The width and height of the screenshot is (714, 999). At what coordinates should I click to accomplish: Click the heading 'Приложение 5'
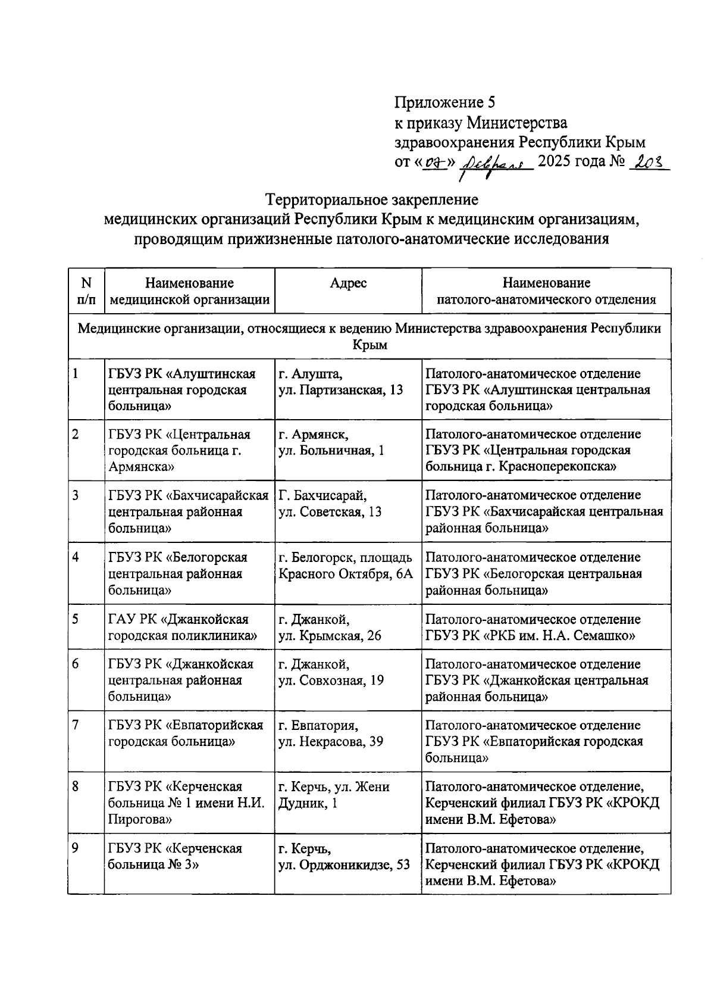click(x=445, y=102)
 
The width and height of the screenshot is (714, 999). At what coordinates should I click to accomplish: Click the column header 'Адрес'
click(x=348, y=283)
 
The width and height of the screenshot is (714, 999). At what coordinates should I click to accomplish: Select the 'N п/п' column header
click(x=86, y=291)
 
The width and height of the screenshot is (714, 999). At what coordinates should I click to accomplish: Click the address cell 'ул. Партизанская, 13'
click(x=341, y=390)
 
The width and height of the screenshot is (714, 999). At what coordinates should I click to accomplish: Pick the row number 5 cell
click(x=76, y=619)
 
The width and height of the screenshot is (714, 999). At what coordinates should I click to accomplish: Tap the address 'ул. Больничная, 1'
click(x=331, y=451)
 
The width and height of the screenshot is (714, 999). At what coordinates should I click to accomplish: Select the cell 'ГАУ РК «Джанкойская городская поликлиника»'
click(x=183, y=628)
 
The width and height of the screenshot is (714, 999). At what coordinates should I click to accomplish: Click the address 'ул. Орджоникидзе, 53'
click(x=345, y=864)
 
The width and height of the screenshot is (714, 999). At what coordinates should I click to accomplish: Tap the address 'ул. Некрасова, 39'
click(x=331, y=742)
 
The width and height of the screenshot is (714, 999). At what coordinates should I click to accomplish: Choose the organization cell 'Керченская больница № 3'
click(x=175, y=856)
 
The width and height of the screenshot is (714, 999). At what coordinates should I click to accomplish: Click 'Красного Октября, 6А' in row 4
click(x=345, y=574)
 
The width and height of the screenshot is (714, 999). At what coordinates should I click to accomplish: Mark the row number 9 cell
click(x=76, y=848)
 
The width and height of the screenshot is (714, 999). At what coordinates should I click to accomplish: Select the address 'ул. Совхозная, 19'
click(x=331, y=680)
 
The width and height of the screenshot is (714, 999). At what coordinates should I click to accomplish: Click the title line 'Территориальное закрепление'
click(x=372, y=199)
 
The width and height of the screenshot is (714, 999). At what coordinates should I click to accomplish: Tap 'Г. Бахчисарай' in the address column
click(x=322, y=495)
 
